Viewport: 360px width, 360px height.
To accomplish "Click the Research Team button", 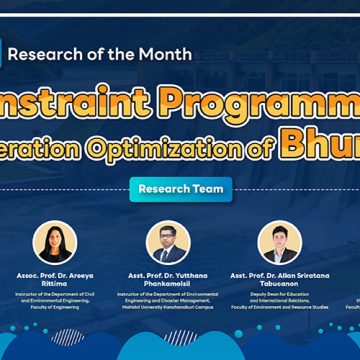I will [180, 189].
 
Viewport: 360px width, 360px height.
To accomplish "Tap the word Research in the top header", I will [65, 53].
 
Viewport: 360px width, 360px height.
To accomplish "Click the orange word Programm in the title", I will [270, 102].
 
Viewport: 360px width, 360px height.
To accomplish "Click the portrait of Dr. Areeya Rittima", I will [55, 242].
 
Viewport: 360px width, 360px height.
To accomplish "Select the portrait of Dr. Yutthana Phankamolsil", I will [168, 242].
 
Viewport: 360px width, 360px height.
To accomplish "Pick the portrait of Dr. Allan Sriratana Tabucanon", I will [279, 242].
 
